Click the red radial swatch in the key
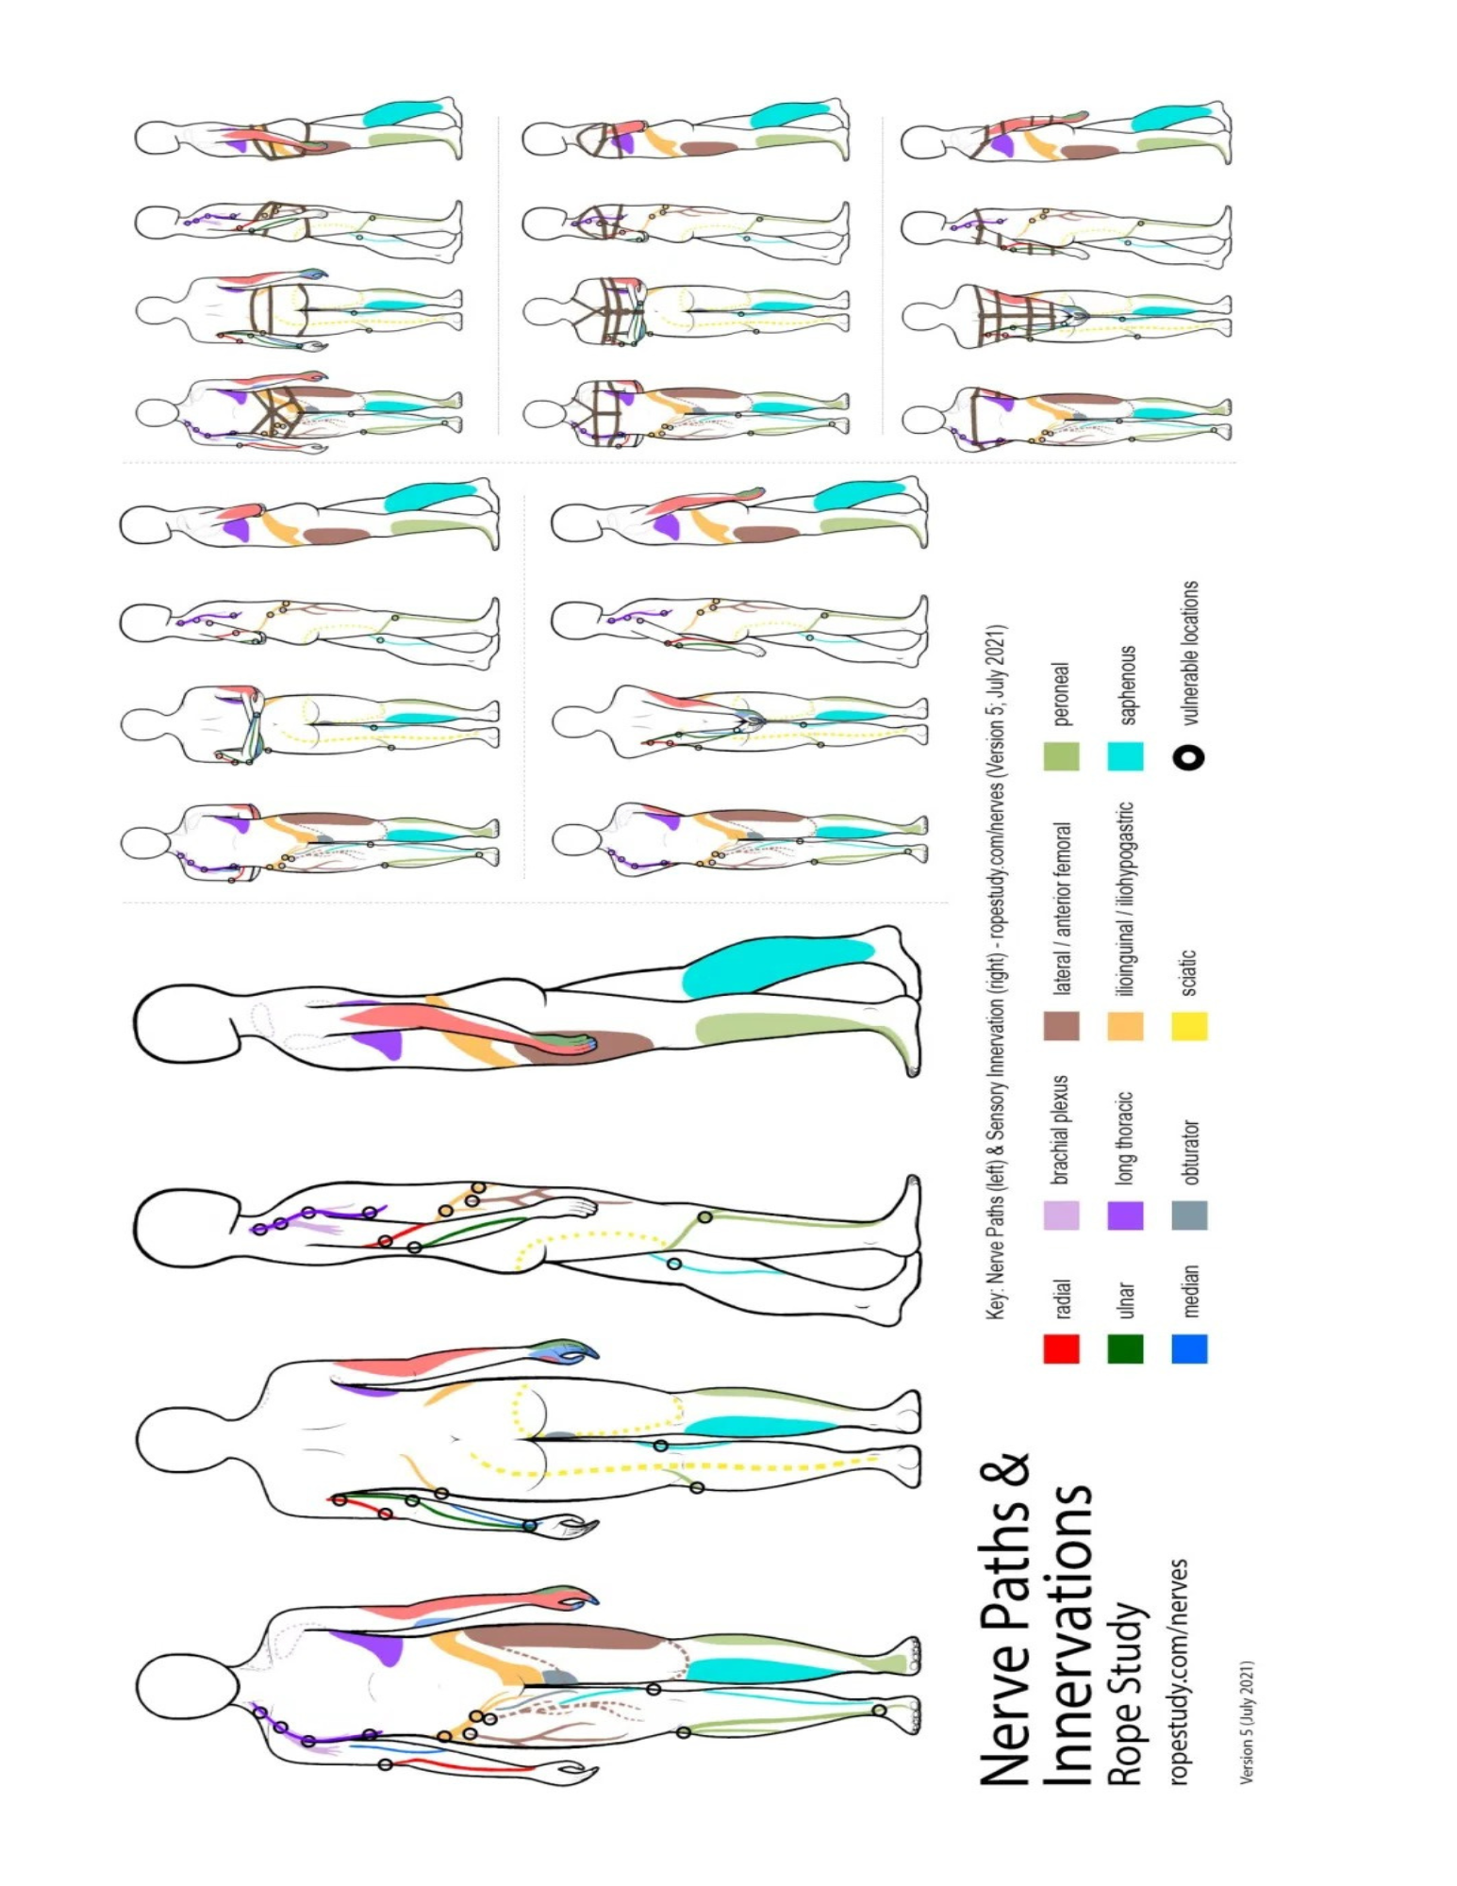tap(1061, 1348)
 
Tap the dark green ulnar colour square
tap(1125, 1348)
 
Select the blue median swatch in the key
tap(1189, 1348)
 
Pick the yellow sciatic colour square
tap(1189, 1026)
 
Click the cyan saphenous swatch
tap(1125, 756)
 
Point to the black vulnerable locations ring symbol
tap(1190, 757)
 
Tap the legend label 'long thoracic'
tap(1125, 1138)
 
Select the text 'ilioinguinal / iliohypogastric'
tap(1125, 899)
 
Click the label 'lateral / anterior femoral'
tap(1062, 909)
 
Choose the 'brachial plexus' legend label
tap(1061, 1130)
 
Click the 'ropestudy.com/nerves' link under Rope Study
tap(1179, 1671)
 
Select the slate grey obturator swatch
tap(1189, 1215)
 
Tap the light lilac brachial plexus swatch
tap(1061, 1215)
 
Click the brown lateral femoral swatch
tap(1061, 1026)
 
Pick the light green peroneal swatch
tap(1061, 756)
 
